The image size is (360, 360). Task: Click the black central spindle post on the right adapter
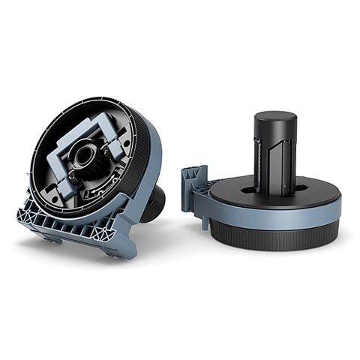coord(274,154)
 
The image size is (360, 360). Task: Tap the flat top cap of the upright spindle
coord(274,118)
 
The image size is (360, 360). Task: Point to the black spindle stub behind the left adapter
coord(154,202)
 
